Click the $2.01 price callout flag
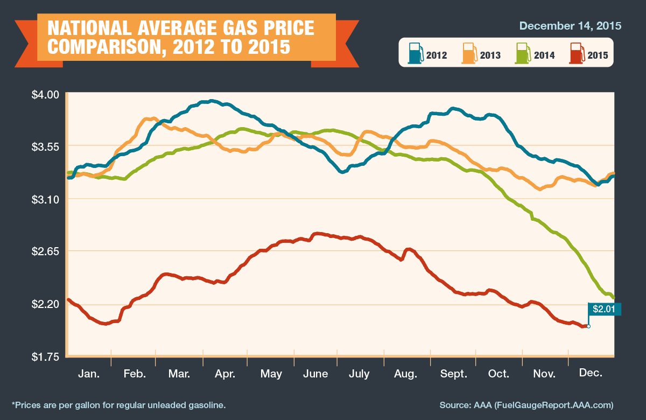pos(605,309)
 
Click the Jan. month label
pos(88,374)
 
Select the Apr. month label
pos(224,374)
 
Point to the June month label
pos(315,374)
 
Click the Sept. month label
pos(454,374)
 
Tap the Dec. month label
pos(591,373)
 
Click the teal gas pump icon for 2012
pos(415,53)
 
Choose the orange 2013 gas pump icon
pos(469,53)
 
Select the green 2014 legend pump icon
pos(522,53)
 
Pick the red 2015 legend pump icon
pos(577,53)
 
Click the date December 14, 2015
pos(570,25)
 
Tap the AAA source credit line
pos(526,404)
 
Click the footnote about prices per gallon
pos(118,404)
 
